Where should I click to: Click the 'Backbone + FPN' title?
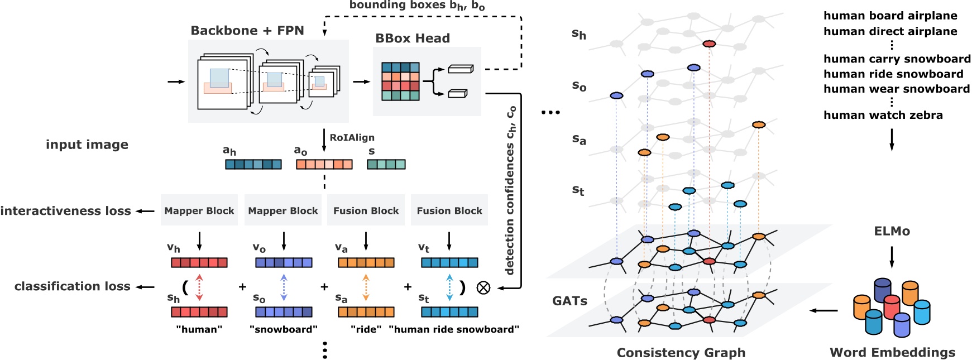(247, 31)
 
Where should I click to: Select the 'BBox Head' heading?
(413, 39)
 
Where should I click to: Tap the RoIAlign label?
(352, 138)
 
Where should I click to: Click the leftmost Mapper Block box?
(199, 210)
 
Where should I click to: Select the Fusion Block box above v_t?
(449, 210)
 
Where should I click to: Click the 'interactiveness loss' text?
(66, 211)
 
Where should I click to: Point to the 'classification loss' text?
(73, 286)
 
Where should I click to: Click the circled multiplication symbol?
(483, 287)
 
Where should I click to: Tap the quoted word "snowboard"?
(284, 329)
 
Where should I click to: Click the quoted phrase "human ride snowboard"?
(454, 329)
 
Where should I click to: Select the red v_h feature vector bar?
(199, 262)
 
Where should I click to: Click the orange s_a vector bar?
(366, 312)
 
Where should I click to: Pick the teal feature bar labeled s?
(386, 164)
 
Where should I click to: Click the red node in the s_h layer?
(709, 44)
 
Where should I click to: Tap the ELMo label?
(892, 231)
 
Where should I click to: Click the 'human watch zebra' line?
(883, 116)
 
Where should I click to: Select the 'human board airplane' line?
(890, 16)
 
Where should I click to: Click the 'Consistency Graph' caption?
(681, 353)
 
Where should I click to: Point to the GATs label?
(570, 301)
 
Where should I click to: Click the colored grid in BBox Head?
(400, 81)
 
